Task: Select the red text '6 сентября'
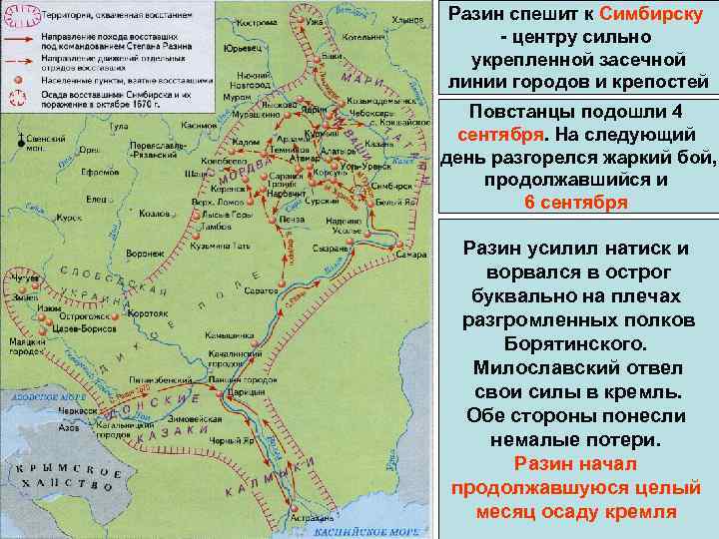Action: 577,203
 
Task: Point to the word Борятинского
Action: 577,341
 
